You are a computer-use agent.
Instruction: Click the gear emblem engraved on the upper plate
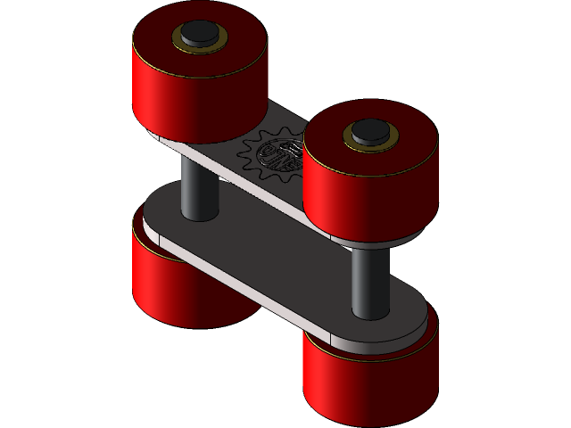275,159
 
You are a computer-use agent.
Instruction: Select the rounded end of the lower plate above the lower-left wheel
156,223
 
